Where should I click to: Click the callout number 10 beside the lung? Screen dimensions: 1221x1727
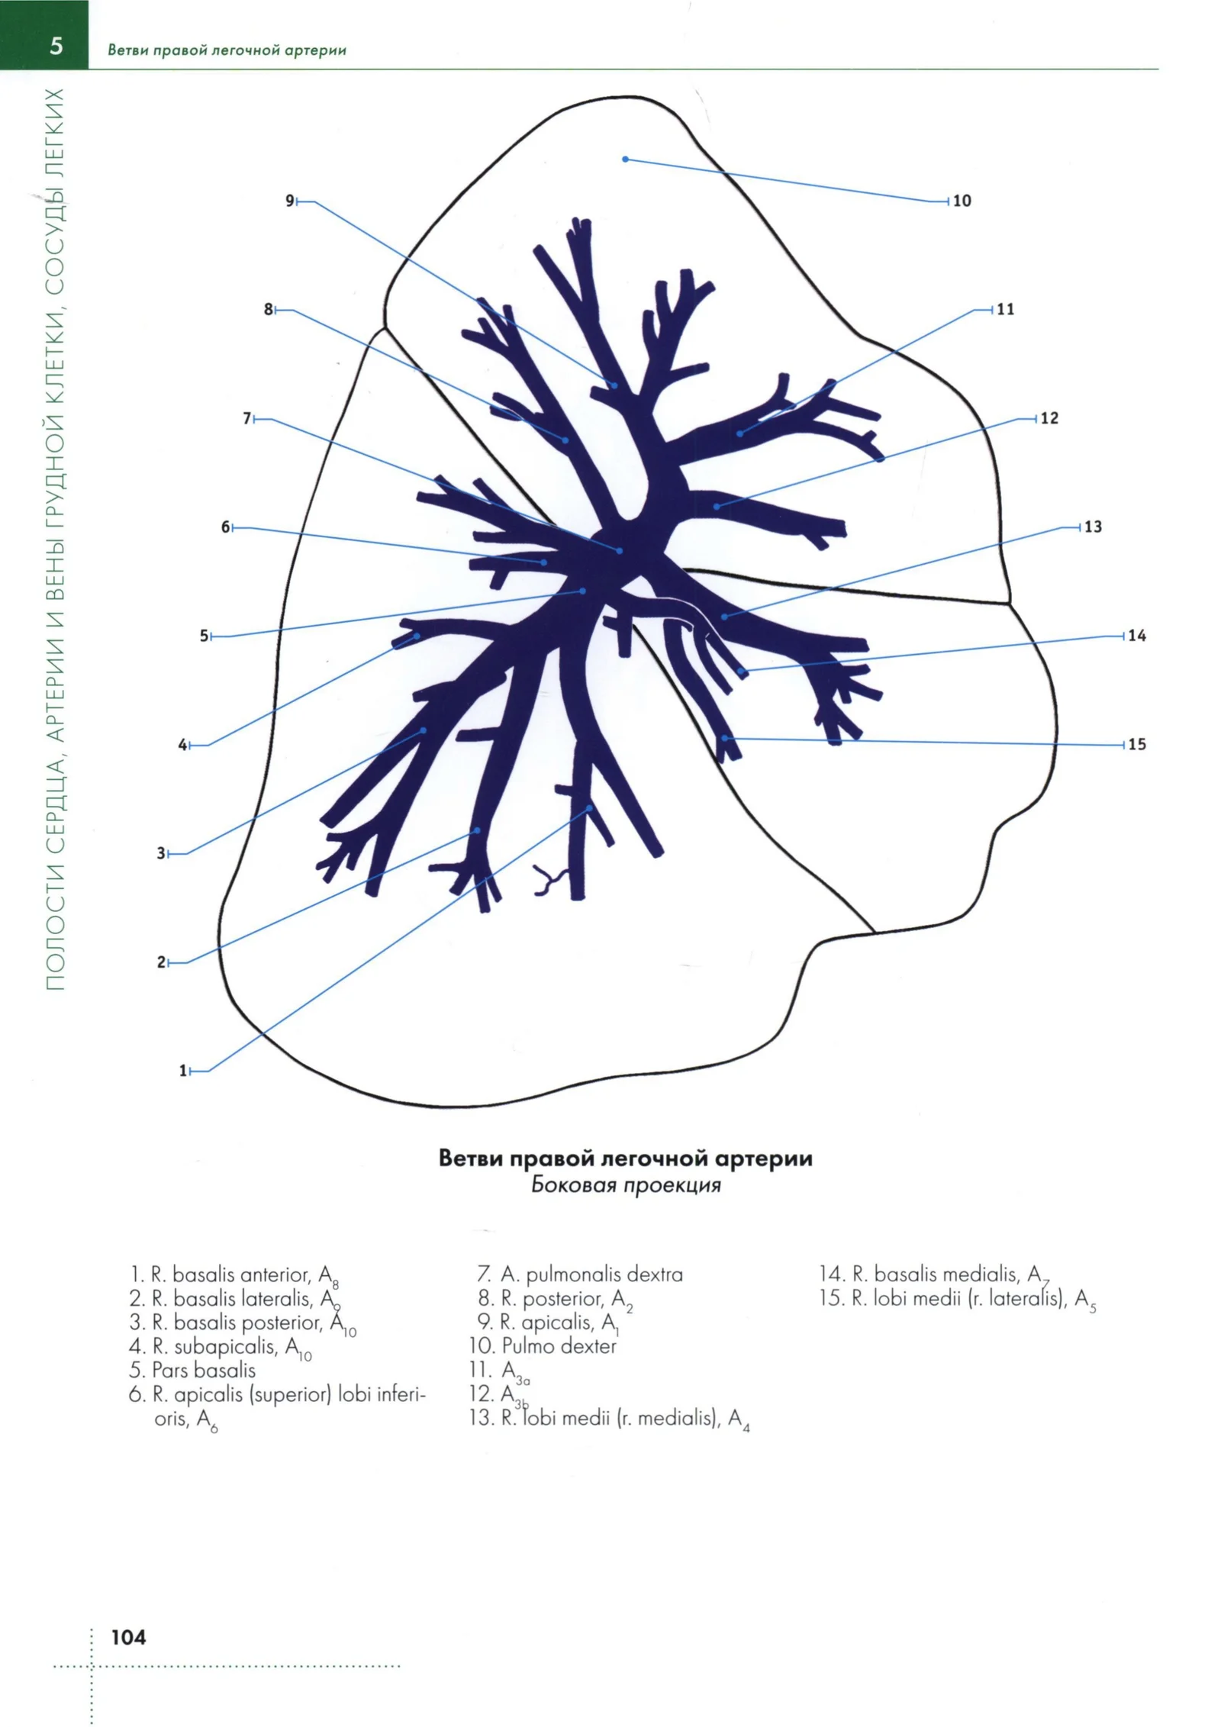(962, 201)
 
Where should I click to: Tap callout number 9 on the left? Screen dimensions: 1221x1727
(290, 201)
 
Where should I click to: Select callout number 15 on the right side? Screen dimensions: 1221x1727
(1137, 744)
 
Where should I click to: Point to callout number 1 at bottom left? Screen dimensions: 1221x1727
(183, 1071)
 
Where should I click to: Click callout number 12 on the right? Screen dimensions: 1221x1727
(1049, 418)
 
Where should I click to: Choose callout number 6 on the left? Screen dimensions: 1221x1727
(226, 527)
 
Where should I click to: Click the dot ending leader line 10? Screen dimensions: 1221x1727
(626, 159)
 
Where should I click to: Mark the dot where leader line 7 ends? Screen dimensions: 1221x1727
(620, 550)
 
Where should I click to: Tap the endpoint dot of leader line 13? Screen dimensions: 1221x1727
(723, 616)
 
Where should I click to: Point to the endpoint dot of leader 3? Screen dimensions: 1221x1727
(424, 730)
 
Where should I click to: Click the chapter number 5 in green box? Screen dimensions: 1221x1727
(56, 47)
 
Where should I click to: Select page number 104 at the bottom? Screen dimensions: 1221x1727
(128, 1636)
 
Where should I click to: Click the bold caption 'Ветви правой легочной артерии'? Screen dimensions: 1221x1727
(626, 1158)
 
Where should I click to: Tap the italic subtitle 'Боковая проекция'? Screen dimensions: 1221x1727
(626, 1185)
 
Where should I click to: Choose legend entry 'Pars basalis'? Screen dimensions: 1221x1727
(192, 1370)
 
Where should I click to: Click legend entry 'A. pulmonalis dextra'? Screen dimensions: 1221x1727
(580, 1274)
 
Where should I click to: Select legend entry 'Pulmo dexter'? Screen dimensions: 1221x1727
(543, 1345)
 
